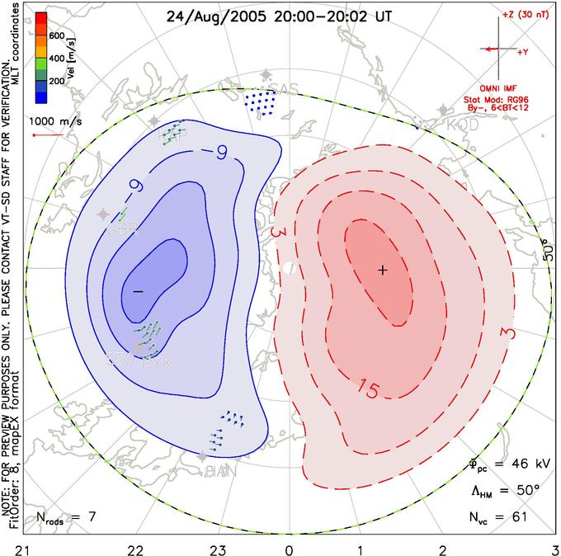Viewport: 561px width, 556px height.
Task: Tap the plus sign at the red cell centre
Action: (382, 270)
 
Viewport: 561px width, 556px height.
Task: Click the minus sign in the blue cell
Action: (138, 291)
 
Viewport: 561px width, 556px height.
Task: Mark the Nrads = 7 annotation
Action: (65, 519)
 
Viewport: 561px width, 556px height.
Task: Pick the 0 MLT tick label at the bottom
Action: (289, 547)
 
